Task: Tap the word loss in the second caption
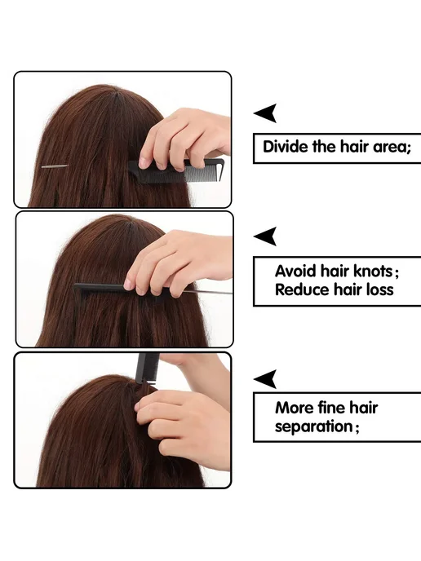(380, 289)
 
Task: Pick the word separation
(314, 426)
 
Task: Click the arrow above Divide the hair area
(267, 113)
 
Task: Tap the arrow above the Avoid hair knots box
(267, 236)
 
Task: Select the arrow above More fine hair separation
(267, 379)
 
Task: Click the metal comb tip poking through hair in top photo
(55, 166)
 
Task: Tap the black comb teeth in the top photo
(203, 175)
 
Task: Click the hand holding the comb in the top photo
(184, 139)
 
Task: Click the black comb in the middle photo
(104, 289)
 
